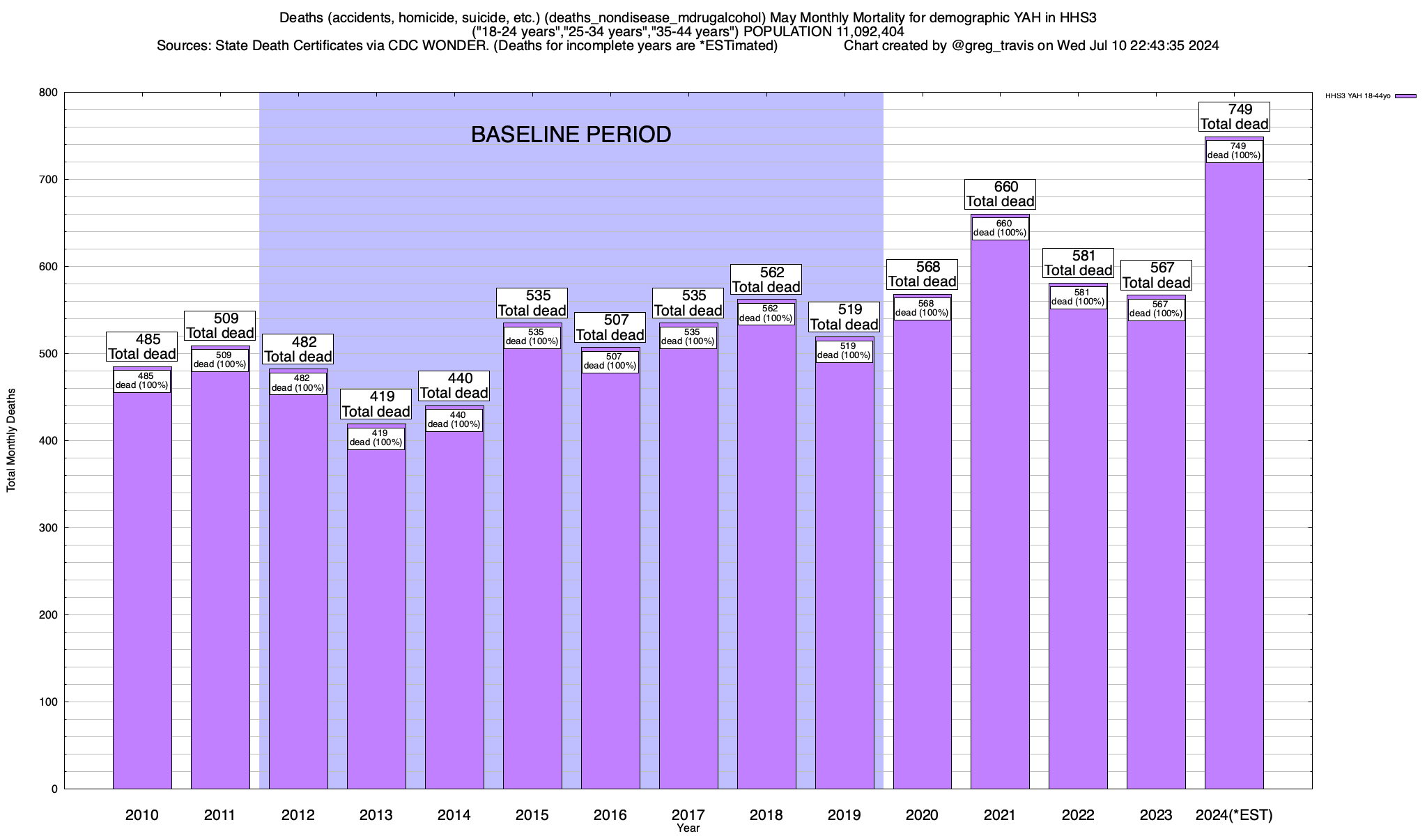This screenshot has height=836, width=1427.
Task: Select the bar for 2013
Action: coord(376,613)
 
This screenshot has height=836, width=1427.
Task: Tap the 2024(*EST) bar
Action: coord(1234,488)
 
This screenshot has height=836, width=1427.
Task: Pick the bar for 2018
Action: coord(766,557)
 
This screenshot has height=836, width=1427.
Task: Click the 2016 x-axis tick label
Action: coord(610,815)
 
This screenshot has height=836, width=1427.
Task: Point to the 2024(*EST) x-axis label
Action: coord(1234,815)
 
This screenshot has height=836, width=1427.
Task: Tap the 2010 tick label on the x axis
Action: coord(142,815)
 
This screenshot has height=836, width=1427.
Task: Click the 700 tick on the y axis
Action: coord(49,180)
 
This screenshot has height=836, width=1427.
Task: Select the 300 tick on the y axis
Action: coord(49,528)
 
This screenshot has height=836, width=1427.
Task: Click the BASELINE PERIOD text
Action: coord(571,134)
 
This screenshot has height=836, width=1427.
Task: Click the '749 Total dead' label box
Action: coord(1234,117)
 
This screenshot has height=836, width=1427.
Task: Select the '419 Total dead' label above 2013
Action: coord(376,404)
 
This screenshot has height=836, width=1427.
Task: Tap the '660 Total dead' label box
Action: coord(1000,194)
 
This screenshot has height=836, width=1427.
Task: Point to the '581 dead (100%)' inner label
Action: coord(1078,297)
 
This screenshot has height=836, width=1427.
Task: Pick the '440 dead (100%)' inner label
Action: coord(454,420)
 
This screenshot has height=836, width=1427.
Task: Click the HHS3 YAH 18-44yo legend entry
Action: coord(1370,96)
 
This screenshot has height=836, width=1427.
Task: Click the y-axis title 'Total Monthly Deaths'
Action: coord(11,440)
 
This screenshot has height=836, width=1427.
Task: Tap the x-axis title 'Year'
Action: coord(688,828)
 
